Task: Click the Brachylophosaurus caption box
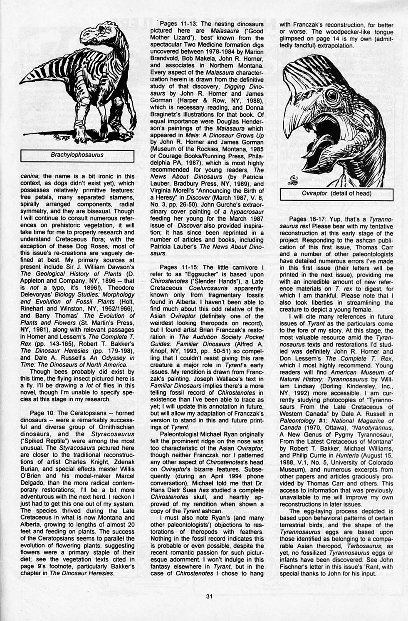tap(77, 155)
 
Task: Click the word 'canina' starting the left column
tap(30, 176)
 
